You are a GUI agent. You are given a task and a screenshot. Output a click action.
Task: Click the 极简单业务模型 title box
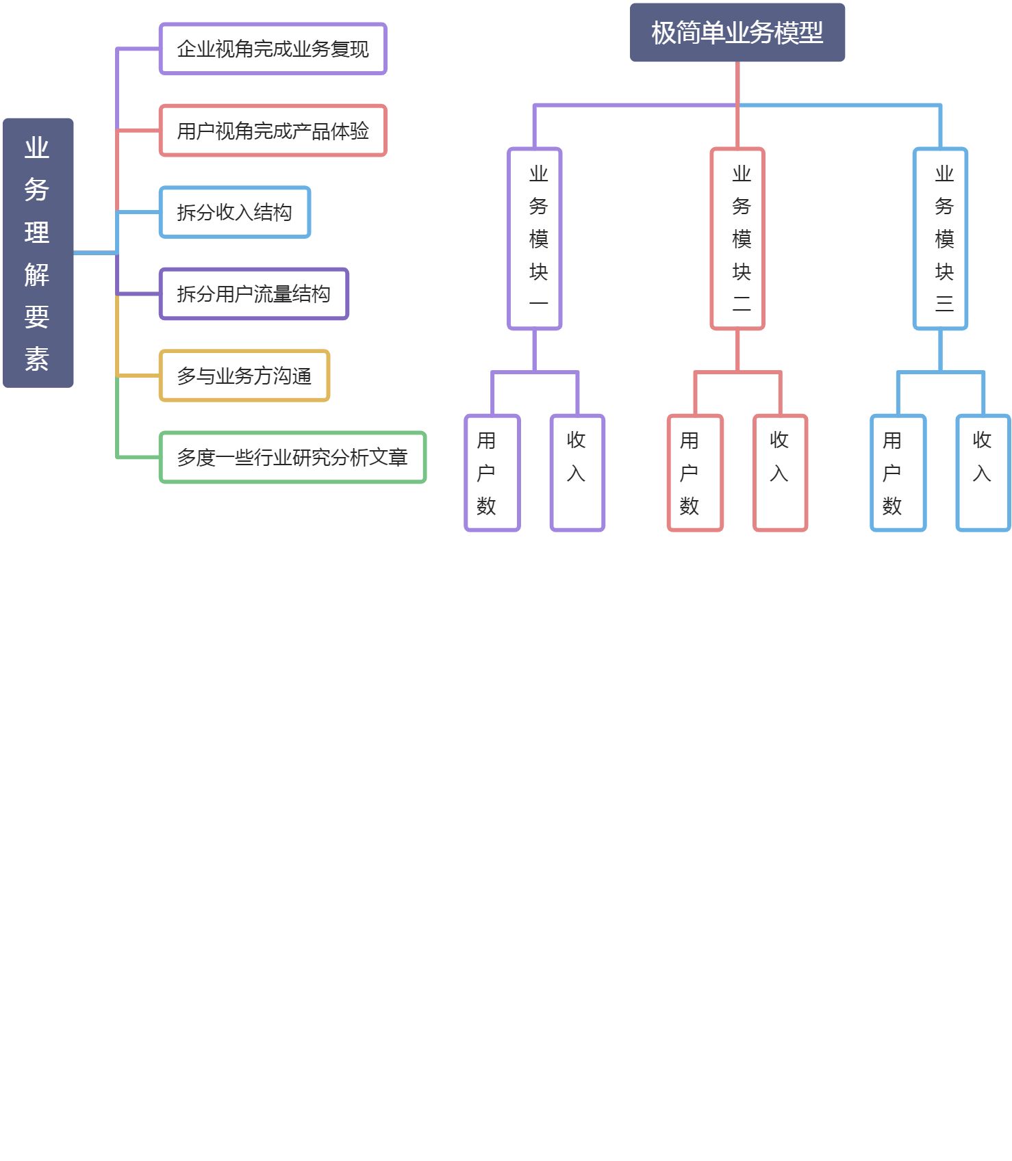click(737, 32)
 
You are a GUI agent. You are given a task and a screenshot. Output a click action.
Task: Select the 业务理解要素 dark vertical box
click(38, 252)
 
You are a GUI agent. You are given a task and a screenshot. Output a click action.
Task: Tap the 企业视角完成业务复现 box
click(273, 49)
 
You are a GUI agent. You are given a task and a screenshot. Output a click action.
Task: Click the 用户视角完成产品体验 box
click(273, 131)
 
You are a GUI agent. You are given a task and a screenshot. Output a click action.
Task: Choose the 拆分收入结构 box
click(235, 212)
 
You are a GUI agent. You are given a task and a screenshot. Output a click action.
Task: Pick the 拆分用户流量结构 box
click(254, 293)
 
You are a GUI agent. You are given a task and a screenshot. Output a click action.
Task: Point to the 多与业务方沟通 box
click(244, 376)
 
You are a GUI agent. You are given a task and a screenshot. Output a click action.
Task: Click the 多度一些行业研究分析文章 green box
click(292, 457)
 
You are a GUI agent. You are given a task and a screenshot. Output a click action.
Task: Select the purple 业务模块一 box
click(535, 238)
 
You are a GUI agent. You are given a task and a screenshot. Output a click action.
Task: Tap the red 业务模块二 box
click(737, 238)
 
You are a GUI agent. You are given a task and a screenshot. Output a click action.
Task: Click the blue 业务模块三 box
click(940, 238)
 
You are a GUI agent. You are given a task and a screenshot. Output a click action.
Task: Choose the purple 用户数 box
click(492, 473)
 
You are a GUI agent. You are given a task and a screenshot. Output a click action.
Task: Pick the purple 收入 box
click(577, 473)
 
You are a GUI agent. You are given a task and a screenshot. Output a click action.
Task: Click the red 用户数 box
click(695, 473)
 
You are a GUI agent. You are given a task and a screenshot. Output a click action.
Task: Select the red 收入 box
click(780, 473)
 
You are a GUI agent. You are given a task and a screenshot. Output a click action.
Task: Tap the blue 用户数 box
click(898, 473)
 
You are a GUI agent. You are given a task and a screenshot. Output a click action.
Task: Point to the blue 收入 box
click(983, 473)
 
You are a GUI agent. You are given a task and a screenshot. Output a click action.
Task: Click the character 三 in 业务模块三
click(944, 303)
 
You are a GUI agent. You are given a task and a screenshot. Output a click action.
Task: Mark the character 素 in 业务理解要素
click(37, 358)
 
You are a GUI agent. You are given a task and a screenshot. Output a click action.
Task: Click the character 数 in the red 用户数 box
click(690, 506)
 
